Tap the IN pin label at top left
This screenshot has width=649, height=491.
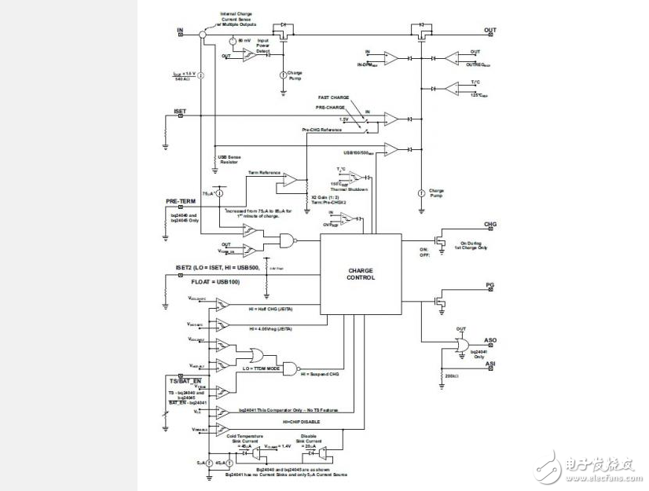(x=180, y=31)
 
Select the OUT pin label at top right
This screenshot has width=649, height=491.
(x=489, y=31)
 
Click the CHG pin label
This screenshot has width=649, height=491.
(x=490, y=224)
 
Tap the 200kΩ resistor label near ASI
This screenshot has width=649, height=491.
(x=451, y=376)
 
